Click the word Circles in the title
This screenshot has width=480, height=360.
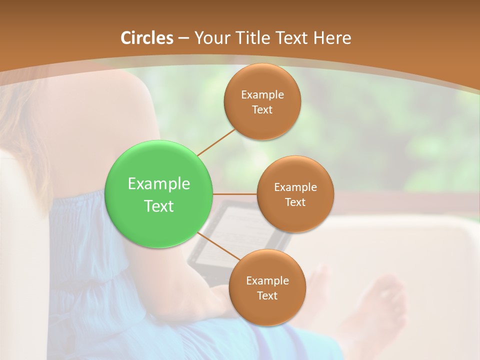click(x=146, y=38)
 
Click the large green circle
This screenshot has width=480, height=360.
click(x=159, y=194)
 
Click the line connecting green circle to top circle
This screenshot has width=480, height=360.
click(x=216, y=142)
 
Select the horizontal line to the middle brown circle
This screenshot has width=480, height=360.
click(x=235, y=194)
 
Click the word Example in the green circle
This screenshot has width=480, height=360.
click(x=159, y=184)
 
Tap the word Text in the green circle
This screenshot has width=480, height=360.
click(x=159, y=206)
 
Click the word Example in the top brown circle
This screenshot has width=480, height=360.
click(x=262, y=94)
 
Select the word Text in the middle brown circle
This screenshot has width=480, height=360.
click(x=295, y=202)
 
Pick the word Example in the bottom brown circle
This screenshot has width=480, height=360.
click(x=267, y=280)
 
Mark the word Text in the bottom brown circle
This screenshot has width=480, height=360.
click(x=267, y=295)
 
